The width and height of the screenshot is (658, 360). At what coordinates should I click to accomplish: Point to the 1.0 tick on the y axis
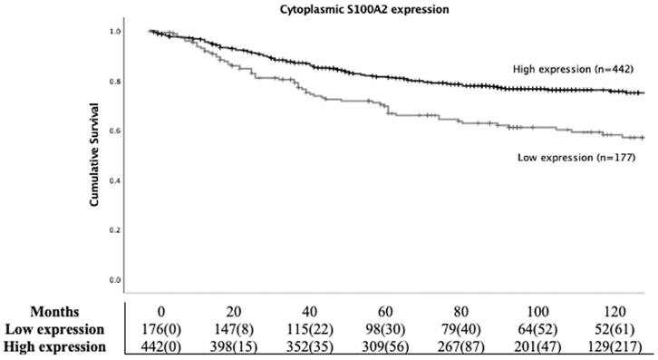pos(113,32)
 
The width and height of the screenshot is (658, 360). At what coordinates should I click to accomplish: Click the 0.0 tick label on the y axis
pos(113,280)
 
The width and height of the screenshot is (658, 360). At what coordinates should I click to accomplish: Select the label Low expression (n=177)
pos(568,157)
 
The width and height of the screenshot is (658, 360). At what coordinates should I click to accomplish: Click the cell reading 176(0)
pos(159,328)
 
